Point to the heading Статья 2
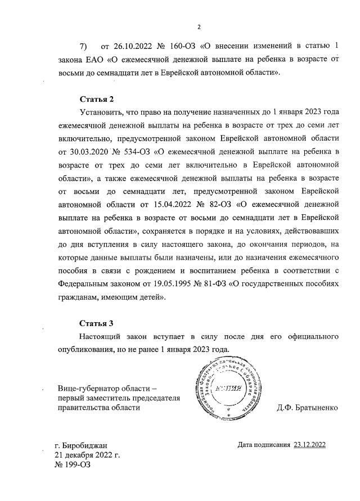click(x=96, y=100)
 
